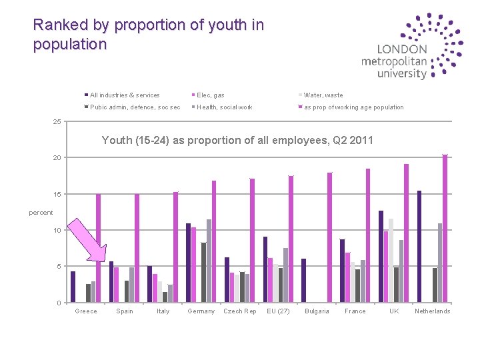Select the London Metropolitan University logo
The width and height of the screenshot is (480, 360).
(x=411, y=47)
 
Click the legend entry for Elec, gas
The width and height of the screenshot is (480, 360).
(x=210, y=95)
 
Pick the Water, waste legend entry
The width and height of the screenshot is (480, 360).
(x=322, y=95)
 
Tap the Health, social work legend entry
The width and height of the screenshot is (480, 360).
(x=223, y=107)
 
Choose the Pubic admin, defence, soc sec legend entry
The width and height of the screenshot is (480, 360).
(x=133, y=107)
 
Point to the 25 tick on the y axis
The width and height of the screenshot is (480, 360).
(x=57, y=121)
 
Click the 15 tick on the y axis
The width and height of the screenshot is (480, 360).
(x=57, y=194)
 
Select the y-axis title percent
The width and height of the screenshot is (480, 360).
(x=41, y=213)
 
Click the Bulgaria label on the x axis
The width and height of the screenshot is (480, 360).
(x=317, y=311)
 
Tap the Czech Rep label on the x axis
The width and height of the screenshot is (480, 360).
(x=240, y=311)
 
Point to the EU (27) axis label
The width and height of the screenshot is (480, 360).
(x=278, y=311)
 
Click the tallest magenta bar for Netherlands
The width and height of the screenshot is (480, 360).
(x=445, y=229)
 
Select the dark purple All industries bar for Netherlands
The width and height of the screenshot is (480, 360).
(x=419, y=247)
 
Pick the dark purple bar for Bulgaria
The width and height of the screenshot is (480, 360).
(x=303, y=281)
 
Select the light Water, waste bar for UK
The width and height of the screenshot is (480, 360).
(x=391, y=261)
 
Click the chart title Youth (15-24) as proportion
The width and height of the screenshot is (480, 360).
(x=237, y=141)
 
